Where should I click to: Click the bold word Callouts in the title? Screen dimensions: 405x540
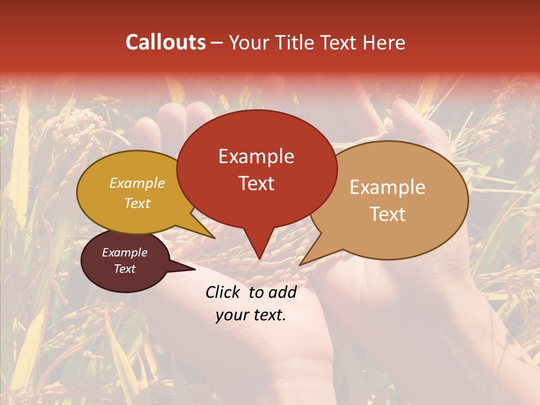coord(165,42)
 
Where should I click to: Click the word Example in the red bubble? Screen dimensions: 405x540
coord(256,156)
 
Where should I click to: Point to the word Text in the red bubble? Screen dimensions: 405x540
coord(256,183)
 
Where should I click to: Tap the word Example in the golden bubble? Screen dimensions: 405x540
coord(137,183)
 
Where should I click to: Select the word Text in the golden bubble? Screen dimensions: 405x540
coord(137,203)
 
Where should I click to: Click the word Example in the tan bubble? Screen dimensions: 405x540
coord(388,187)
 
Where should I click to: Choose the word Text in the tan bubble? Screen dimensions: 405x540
coord(388,214)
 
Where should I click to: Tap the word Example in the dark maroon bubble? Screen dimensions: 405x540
coord(124,253)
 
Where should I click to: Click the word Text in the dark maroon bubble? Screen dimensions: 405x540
coord(124,269)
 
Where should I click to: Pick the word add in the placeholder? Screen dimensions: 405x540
coord(282,292)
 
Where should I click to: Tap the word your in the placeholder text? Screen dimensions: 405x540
coord(231,315)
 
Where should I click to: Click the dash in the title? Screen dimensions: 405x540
coord(218,42)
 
